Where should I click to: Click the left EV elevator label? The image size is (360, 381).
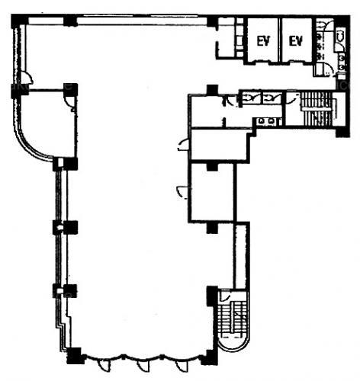pos(263,41)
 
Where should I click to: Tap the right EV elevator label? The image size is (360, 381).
pos(296,41)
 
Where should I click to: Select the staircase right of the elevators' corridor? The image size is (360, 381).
pos(317,109)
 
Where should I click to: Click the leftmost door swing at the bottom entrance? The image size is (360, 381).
pos(104,366)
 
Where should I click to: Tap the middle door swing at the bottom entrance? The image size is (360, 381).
pos(143,366)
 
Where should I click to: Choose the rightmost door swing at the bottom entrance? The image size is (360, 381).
pos(181,366)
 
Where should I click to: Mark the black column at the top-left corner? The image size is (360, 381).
pos(18,21)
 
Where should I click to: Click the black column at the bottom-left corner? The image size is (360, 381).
pos(74,356)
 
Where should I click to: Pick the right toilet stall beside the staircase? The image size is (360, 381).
pos(272,98)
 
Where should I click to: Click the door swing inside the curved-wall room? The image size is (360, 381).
pos(69,103)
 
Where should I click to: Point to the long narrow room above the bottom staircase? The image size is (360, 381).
pos(239,257)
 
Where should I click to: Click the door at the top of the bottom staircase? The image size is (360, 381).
pos(225,296)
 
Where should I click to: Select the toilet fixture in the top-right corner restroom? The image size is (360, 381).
pos(340,36)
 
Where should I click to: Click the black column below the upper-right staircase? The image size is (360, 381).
pos(342,132)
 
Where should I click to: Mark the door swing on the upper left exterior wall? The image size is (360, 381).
pos(27,77)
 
